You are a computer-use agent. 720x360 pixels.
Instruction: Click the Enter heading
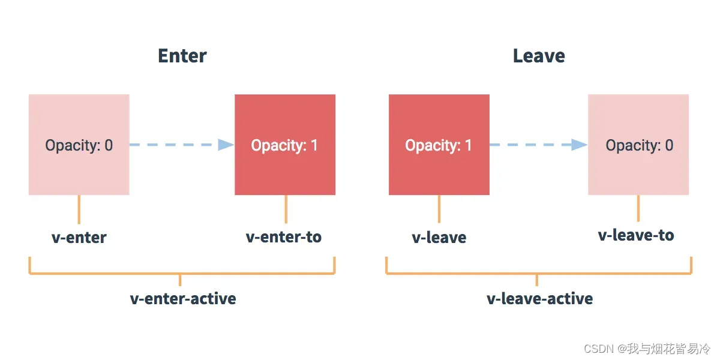click(x=182, y=56)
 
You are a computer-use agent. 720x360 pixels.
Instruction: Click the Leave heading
click(x=539, y=56)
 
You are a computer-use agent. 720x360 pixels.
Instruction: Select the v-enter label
click(x=79, y=238)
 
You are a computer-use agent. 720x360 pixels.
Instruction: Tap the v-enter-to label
click(x=283, y=237)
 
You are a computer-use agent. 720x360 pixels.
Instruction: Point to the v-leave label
click(x=439, y=238)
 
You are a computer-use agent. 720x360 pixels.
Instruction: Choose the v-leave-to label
click(x=636, y=235)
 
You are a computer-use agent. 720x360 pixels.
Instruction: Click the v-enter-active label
click(x=183, y=299)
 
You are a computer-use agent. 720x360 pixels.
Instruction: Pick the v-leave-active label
click(x=540, y=299)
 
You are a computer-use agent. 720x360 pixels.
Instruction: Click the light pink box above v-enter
click(x=79, y=145)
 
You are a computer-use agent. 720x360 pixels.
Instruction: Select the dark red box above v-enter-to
click(x=285, y=145)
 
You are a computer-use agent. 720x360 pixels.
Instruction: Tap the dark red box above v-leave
click(x=439, y=145)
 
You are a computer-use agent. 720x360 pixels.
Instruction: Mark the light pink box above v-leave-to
click(x=638, y=145)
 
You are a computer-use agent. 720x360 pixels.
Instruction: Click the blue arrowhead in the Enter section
click(x=226, y=145)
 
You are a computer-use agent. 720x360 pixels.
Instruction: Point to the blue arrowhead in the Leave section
click(x=579, y=145)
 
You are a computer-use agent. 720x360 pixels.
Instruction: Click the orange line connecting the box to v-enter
click(x=79, y=209)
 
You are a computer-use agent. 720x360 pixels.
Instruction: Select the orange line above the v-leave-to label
click(x=638, y=208)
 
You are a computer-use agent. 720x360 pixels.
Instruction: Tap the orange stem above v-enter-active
click(x=180, y=280)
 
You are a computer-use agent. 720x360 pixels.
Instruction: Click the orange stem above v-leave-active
click(x=537, y=280)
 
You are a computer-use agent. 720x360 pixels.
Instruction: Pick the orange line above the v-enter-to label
click(x=286, y=209)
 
